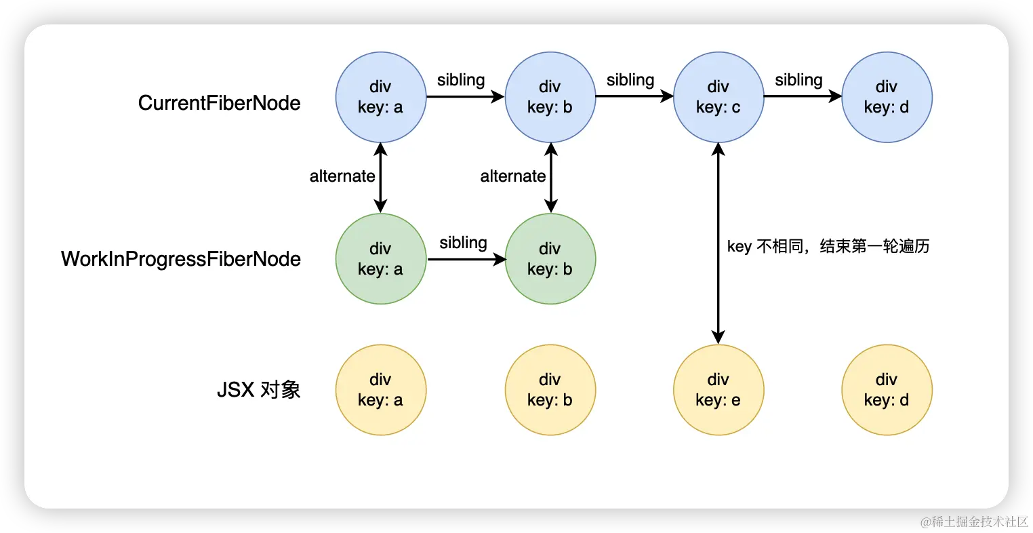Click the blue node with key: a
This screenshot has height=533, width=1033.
380,97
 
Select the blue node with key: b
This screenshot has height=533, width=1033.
550,97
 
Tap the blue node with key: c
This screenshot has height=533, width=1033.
718,97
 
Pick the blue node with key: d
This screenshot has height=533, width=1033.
887,97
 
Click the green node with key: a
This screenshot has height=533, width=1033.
380,259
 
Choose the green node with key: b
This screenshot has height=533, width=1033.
550,259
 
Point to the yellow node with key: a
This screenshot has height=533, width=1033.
380,390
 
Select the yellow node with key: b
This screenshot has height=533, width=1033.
550,390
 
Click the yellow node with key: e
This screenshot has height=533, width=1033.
718,390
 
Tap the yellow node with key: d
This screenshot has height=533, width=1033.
887,390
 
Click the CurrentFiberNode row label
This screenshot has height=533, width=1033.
219,103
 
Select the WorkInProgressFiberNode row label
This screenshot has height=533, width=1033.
181,259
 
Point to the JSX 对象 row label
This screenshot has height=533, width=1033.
258,390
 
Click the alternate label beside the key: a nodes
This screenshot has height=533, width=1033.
342,176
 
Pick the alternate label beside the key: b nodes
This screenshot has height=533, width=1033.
513,176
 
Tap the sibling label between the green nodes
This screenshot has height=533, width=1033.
463,243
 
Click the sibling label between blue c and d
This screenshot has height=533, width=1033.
798,80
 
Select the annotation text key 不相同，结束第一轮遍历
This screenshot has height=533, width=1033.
828,246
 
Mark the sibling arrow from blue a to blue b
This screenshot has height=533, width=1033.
465,97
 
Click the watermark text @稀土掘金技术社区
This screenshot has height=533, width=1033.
973,521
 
